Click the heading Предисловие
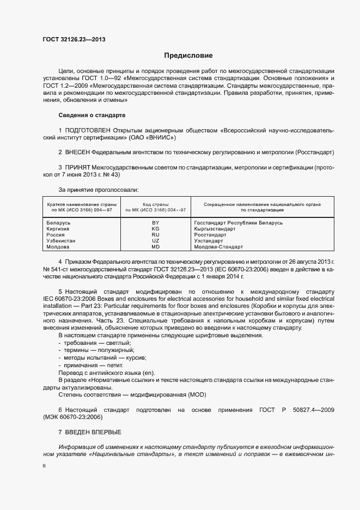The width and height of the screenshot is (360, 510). (188, 56)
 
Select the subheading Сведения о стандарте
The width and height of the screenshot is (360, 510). (91, 116)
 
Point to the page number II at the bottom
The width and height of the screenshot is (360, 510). (44, 466)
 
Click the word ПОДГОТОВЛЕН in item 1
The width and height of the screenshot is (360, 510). (88, 131)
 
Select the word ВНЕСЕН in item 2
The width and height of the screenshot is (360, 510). (77, 152)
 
